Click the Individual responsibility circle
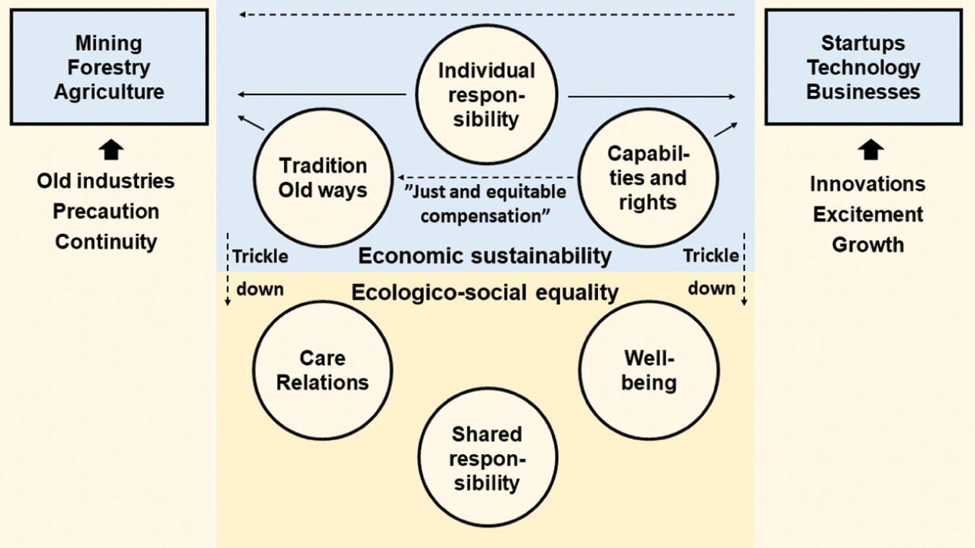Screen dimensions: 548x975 click(487, 95)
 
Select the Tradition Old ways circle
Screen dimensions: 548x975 click(322, 177)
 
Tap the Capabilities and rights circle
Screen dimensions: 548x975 click(647, 177)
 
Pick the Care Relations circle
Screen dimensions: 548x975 click(322, 369)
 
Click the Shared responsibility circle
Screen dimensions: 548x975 click(487, 458)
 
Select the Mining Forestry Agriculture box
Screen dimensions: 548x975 click(109, 67)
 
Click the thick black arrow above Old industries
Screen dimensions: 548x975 click(111, 151)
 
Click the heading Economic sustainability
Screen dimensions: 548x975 click(484, 256)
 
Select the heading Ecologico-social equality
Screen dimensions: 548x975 click(484, 292)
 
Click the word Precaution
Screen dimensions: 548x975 click(106, 211)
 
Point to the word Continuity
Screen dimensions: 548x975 click(106, 242)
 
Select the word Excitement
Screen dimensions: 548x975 click(868, 214)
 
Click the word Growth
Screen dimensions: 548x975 click(868, 245)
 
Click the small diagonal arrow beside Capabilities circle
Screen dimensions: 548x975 click(724, 129)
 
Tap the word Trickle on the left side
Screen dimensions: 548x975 click(260, 256)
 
